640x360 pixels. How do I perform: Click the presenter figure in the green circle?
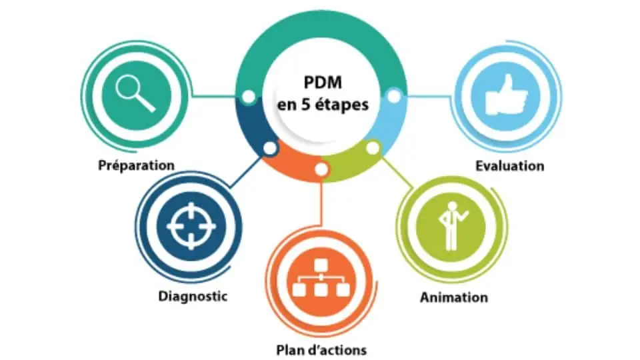tap(451, 225)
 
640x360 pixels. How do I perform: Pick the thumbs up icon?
tap(507, 95)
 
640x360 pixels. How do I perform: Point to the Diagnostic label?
tap(193, 295)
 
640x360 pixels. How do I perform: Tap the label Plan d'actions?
tap(321, 349)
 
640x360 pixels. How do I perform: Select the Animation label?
tap(453, 297)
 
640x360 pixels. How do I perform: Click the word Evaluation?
tap(510, 165)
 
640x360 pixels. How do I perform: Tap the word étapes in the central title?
tap(345, 105)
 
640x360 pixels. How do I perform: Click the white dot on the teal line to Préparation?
tap(248, 97)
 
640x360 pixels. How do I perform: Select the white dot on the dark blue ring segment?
tap(269, 148)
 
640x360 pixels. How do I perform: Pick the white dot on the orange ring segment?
tap(321, 169)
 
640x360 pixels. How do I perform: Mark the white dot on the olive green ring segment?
tap(373, 146)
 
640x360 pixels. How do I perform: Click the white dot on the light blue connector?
tap(394, 97)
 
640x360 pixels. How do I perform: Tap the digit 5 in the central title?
tap(306, 105)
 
